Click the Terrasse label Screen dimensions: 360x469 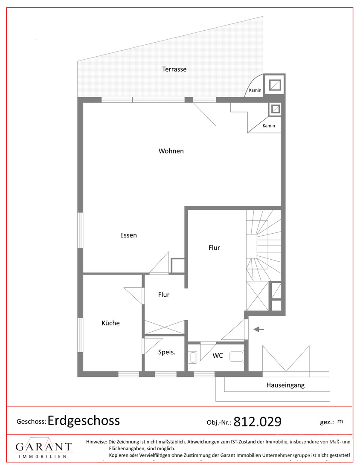click(174, 69)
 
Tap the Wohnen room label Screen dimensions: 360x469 click(171, 151)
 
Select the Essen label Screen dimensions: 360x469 click(128, 235)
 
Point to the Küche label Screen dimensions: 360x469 click(110, 323)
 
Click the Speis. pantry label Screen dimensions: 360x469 click(167, 352)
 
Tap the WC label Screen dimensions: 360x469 click(218, 356)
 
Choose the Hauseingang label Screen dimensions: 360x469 click(285, 385)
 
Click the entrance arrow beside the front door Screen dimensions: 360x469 click(259, 330)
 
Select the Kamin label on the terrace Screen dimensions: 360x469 click(255, 90)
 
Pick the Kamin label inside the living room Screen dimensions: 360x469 click(269, 126)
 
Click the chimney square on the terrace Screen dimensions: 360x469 click(274, 85)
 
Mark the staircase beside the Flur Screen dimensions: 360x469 click(264, 245)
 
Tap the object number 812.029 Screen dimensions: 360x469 click(257, 422)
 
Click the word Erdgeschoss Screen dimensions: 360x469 click(84, 421)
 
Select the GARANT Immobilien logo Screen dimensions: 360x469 click(44, 448)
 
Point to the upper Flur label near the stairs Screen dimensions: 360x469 click(214, 248)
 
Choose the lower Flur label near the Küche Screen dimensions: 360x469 click(164, 295)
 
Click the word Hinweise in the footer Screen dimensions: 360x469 click(96, 442)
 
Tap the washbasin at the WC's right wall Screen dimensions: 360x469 click(237, 356)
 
